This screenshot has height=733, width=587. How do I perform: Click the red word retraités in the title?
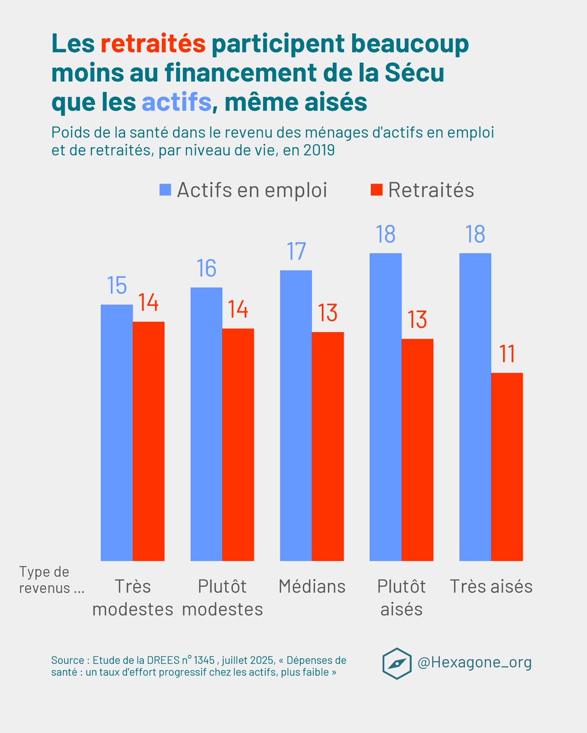point(153,44)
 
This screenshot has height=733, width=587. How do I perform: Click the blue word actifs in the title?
point(176,103)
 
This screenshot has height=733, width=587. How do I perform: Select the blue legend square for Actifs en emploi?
point(166,190)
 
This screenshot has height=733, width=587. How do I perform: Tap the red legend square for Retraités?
point(376,190)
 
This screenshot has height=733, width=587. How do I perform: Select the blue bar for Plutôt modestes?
point(206,424)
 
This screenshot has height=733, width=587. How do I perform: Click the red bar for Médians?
point(328,446)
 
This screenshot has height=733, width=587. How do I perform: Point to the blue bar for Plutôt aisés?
point(385,407)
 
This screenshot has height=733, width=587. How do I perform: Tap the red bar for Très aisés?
point(507,467)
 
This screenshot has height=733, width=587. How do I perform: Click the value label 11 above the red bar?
point(506,354)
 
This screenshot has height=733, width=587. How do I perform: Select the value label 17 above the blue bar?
point(296,252)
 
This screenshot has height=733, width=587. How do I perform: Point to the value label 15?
point(117,286)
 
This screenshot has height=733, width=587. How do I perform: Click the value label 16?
point(206,269)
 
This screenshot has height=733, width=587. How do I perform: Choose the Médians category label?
point(312,586)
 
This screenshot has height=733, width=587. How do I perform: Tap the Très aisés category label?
point(491,586)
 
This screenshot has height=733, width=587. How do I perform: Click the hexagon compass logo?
point(396,663)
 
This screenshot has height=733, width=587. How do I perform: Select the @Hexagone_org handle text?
point(474,662)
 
